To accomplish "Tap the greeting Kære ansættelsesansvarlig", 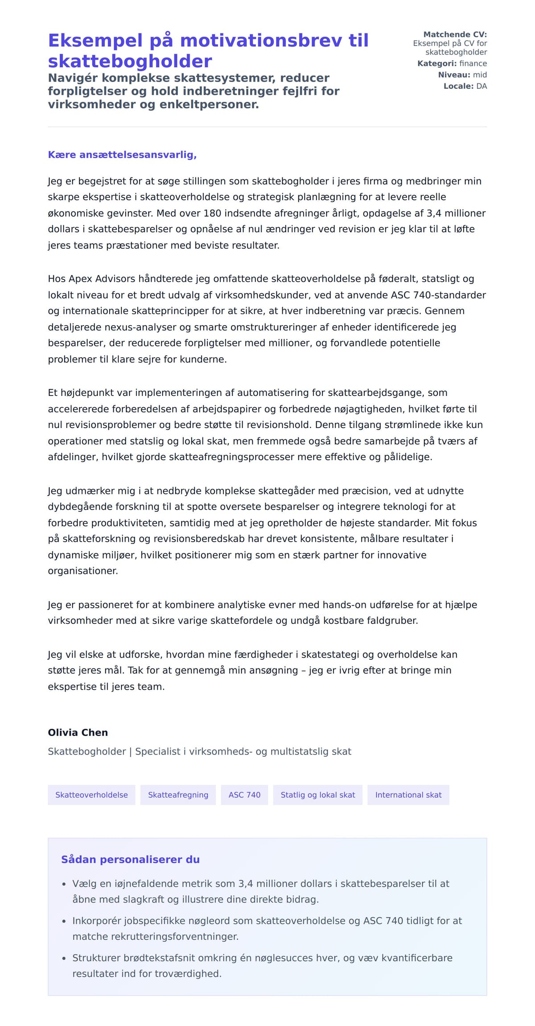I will click(122, 155).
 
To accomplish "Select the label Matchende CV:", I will click(455, 34).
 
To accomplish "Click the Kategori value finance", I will click(473, 63).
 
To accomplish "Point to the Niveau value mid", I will click(480, 75).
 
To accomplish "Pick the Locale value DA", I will click(481, 86).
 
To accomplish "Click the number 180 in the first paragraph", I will click(212, 213).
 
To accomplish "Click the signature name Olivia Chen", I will click(78, 733).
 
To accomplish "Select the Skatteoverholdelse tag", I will click(91, 795).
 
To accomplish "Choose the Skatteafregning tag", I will click(178, 795).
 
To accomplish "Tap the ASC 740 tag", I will click(244, 795).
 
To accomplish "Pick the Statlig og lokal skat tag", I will click(317, 795).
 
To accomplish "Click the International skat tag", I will click(408, 795).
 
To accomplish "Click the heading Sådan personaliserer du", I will click(130, 860).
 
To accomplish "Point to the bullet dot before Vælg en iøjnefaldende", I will click(64, 884).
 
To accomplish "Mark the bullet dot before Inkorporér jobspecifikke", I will click(64, 921).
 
